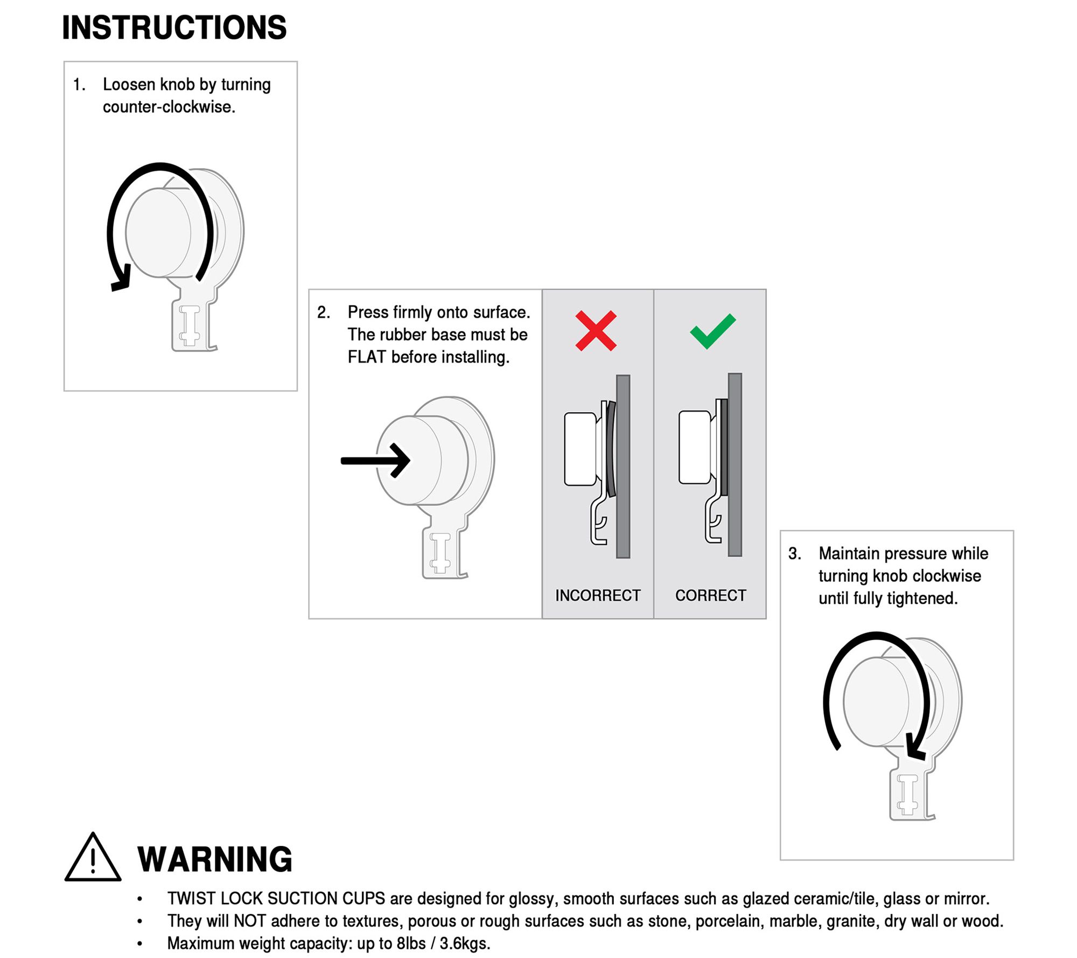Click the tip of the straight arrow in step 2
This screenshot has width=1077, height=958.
point(410,460)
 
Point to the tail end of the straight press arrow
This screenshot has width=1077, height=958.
point(341,460)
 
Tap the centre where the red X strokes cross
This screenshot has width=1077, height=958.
point(596,331)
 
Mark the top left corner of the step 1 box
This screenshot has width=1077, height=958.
point(64,61)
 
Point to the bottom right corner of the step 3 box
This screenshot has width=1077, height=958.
point(1013,860)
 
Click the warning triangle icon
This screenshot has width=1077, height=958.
point(93,858)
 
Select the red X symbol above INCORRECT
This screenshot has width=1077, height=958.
point(596,331)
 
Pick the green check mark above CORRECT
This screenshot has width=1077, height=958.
point(712,331)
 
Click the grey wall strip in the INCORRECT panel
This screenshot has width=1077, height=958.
point(623,467)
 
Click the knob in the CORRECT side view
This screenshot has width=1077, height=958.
point(695,447)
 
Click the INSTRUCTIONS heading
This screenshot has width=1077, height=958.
point(174,27)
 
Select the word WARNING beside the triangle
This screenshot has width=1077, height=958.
point(215,859)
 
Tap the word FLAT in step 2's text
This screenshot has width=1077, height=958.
point(367,357)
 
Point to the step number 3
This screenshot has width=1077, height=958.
point(794,553)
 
